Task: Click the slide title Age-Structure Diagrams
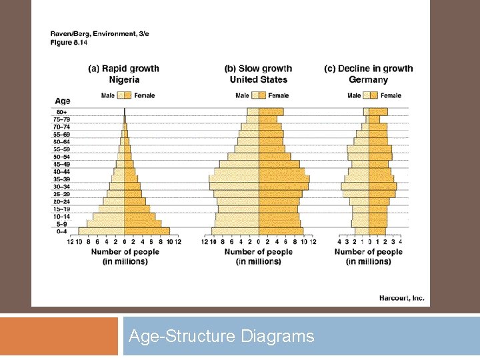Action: click(221, 337)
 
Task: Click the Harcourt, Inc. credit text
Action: click(401, 298)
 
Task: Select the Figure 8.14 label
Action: click(69, 42)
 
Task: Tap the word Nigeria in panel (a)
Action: click(124, 79)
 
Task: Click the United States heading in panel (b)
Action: click(258, 79)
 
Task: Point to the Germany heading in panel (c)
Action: click(368, 79)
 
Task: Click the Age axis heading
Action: click(62, 101)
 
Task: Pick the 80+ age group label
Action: click(61, 112)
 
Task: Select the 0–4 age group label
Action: click(61, 231)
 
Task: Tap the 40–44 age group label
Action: click(61, 172)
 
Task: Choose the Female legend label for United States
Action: click(279, 95)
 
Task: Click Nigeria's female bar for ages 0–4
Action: click(147, 231)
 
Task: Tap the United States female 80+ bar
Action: click(271, 112)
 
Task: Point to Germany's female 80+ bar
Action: click(378, 112)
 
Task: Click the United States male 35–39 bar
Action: click(234, 179)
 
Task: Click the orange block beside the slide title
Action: click(59, 337)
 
